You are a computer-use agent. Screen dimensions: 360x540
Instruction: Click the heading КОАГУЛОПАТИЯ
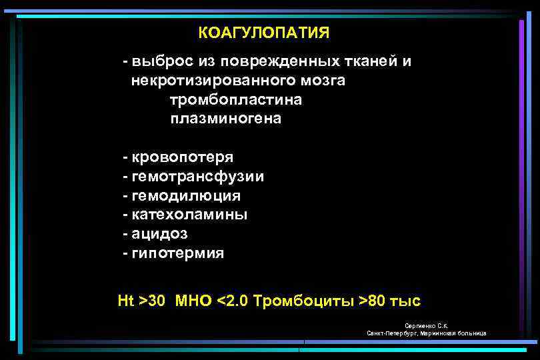click(263, 33)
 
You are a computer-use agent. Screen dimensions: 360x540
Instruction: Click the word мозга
click(325, 81)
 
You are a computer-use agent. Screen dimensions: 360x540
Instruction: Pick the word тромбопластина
click(236, 100)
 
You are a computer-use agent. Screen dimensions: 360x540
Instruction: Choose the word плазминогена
click(226, 119)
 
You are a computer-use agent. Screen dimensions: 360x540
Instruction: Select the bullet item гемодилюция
click(186, 196)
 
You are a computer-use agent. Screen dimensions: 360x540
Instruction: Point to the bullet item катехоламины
click(189, 215)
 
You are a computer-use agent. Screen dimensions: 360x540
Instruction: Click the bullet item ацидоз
click(160, 234)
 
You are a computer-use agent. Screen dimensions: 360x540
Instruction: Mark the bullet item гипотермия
click(178, 253)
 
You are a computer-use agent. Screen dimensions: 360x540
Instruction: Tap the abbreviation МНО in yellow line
click(193, 301)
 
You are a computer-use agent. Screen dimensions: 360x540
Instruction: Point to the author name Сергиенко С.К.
click(426, 325)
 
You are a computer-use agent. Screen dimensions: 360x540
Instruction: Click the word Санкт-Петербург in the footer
click(389, 333)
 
